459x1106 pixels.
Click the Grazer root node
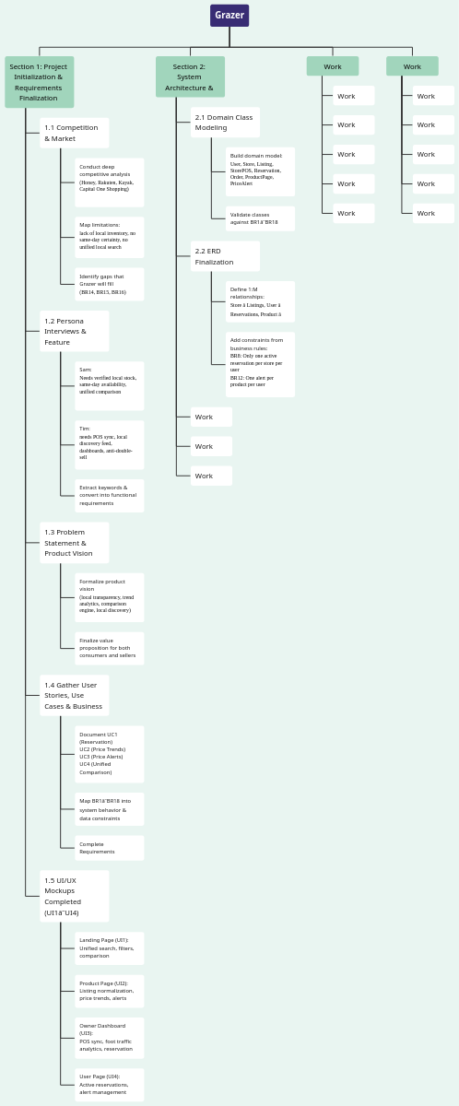tap(229, 16)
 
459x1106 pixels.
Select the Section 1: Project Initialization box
tap(39, 82)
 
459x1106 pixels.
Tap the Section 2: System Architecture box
tap(190, 77)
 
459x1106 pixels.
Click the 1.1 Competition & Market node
tap(74, 133)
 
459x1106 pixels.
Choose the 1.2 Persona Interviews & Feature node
tap(74, 331)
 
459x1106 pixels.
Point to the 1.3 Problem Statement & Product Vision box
tap(74, 543)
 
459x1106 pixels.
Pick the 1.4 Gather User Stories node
tap(74, 695)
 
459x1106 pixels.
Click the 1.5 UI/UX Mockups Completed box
tap(74, 896)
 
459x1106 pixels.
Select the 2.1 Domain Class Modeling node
tap(225, 123)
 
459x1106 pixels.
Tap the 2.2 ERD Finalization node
tap(225, 256)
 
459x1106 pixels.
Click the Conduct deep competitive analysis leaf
tap(109, 182)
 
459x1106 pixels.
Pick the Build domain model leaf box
tap(260, 171)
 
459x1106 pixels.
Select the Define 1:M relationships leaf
tap(260, 301)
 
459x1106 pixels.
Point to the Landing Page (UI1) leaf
tap(109, 948)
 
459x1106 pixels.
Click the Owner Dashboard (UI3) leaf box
tap(109, 1038)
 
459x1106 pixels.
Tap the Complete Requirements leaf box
tap(109, 848)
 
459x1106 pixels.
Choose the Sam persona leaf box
tap(109, 385)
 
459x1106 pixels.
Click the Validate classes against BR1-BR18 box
tap(260, 218)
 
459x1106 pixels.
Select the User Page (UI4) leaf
tap(109, 1085)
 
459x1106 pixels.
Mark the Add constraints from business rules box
tap(260, 364)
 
